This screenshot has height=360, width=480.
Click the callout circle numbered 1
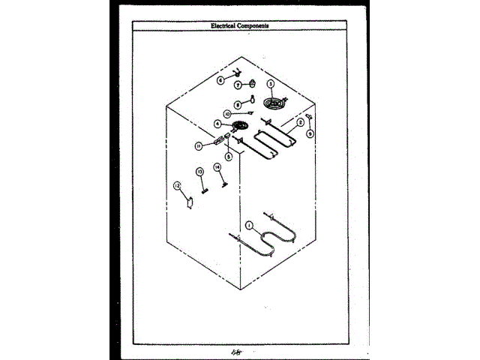(x=249, y=223)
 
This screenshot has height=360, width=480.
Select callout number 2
(x=300, y=121)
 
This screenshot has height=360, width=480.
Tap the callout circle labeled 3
(x=271, y=84)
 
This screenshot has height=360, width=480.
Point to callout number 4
(x=217, y=124)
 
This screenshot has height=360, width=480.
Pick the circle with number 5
(x=229, y=157)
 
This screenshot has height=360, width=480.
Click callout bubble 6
(x=221, y=79)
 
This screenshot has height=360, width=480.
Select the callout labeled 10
(x=227, y=115)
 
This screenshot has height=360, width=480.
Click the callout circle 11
(x=199, y=145)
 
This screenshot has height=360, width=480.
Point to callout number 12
(x=177, y=185)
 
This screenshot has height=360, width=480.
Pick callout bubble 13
(x=200, y=172)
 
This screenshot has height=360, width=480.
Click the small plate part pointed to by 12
(x=189, y=201)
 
